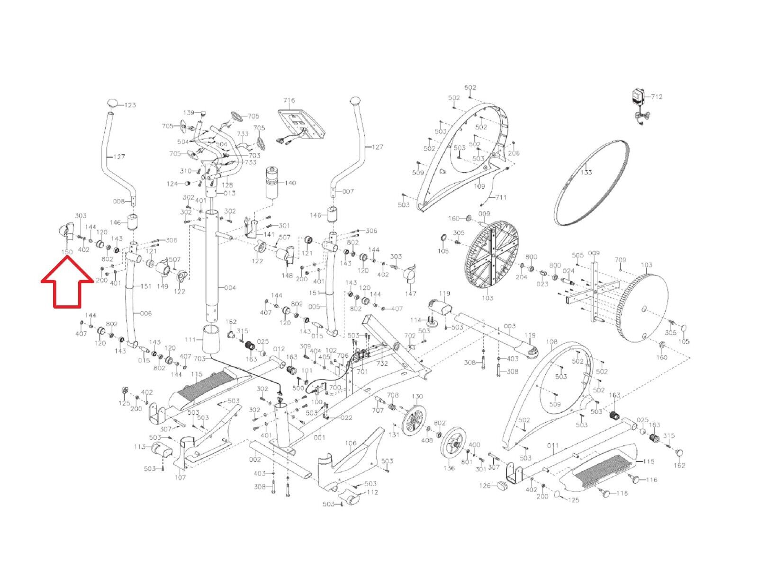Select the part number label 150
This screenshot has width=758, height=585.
pos(67,252)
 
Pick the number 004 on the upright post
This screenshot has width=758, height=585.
pos(230,288)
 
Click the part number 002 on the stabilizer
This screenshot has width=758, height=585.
pos(255,459)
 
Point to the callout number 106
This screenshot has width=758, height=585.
pos(351,443)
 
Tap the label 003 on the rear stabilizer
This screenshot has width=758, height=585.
pos(510,327)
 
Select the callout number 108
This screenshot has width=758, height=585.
pos(552,341)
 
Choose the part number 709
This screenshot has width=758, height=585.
pos(620,260)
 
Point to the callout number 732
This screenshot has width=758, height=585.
pos(382,363)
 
